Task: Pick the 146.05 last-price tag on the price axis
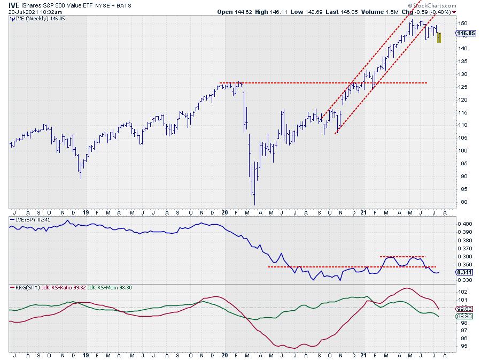[467, 33]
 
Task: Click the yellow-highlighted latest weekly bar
[439, 37]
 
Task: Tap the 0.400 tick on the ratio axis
[466, 224]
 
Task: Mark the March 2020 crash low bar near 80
[254, 201]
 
